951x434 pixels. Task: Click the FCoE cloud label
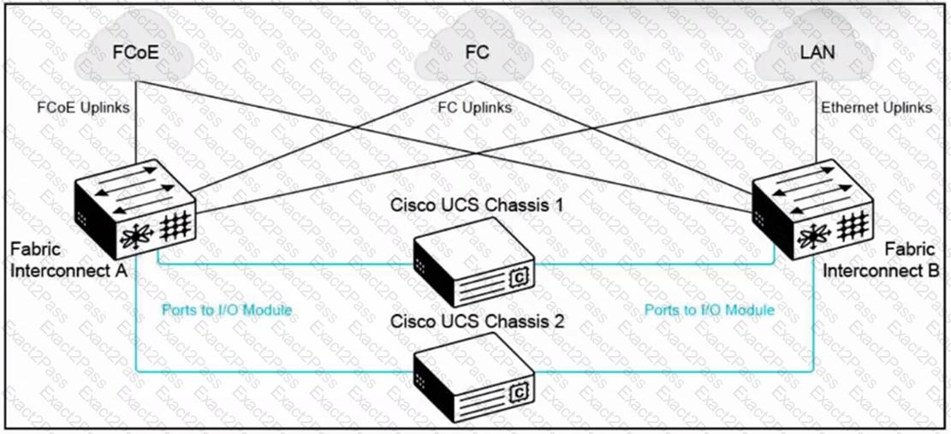(135, 52)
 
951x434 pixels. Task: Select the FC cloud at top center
(477, 52)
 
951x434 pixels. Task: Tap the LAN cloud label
(817, 52)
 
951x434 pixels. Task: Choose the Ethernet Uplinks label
(877, 108)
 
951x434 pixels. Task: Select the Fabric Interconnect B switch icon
(812, 210)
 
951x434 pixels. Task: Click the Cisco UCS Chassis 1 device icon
(473, 259)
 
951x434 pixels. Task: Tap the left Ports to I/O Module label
(227, 310)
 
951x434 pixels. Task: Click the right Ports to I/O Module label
(710, 309)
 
